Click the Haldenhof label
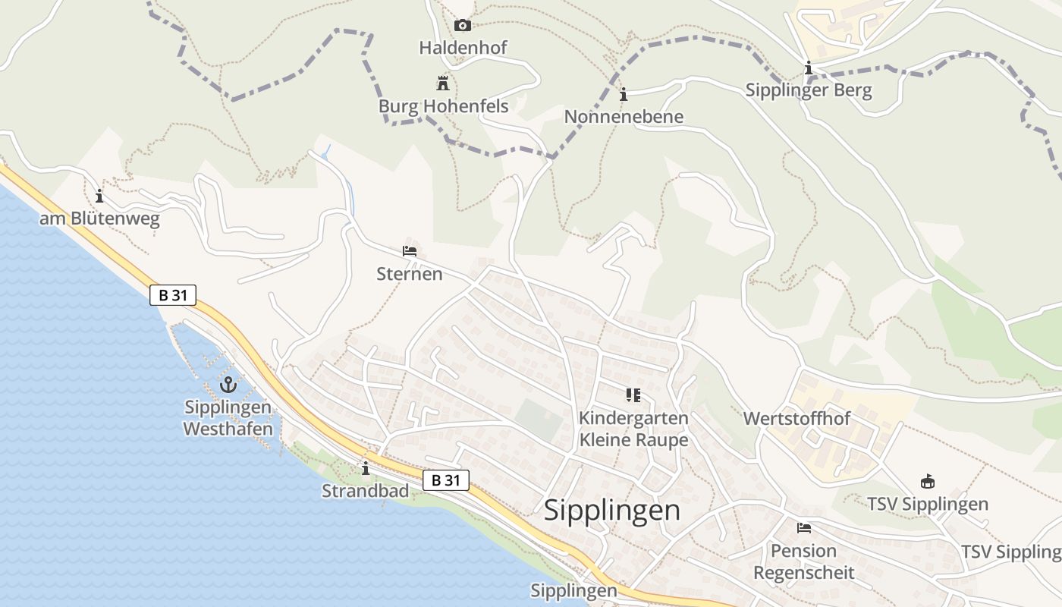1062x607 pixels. tap(463, 48)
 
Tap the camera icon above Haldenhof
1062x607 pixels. tap(463, 26)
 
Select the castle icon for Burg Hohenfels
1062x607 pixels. tap(443, 83)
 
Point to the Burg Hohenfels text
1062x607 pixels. tap(443, 106)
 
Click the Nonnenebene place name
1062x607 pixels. tap(624, 117)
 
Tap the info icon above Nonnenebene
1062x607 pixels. tap(624, 95)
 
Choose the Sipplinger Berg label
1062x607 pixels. tap(809, 91)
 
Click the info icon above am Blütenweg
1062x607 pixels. tap(99, 197)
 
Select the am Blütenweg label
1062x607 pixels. tap(99, 219)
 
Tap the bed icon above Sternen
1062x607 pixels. tap(410, 251)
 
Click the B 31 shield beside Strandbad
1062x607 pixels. tap(446, 480)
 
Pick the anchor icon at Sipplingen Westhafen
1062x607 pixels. tap(228, 385)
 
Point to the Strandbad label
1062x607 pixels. tap(365, 491)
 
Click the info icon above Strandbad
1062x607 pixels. tap(366, 469)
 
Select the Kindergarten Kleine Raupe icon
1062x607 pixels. tap(633, 395)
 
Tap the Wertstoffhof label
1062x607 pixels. tap(796, 419)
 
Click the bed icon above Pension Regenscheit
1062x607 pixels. tap(804, 528)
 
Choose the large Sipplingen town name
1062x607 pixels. tap(612, 511)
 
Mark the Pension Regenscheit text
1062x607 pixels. tap(804, 561)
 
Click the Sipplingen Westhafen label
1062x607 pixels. tap(228, 418)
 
